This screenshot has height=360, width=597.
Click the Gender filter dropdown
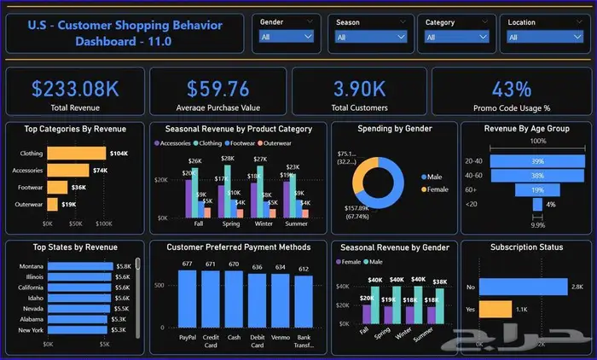[287, 37]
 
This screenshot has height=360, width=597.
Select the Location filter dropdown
[536, 37]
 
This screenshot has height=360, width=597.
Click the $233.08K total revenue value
[74, 89]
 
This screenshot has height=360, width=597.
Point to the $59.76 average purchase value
[218, 89]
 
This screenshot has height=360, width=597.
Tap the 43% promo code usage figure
[511, 89]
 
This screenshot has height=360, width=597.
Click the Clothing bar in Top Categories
[76, 154]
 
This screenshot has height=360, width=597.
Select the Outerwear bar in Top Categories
[52, 205]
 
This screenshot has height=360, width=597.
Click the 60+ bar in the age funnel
[537, 190]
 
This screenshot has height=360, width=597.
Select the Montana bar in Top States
[80, 266]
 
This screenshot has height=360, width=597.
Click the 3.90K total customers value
[360, 89]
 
